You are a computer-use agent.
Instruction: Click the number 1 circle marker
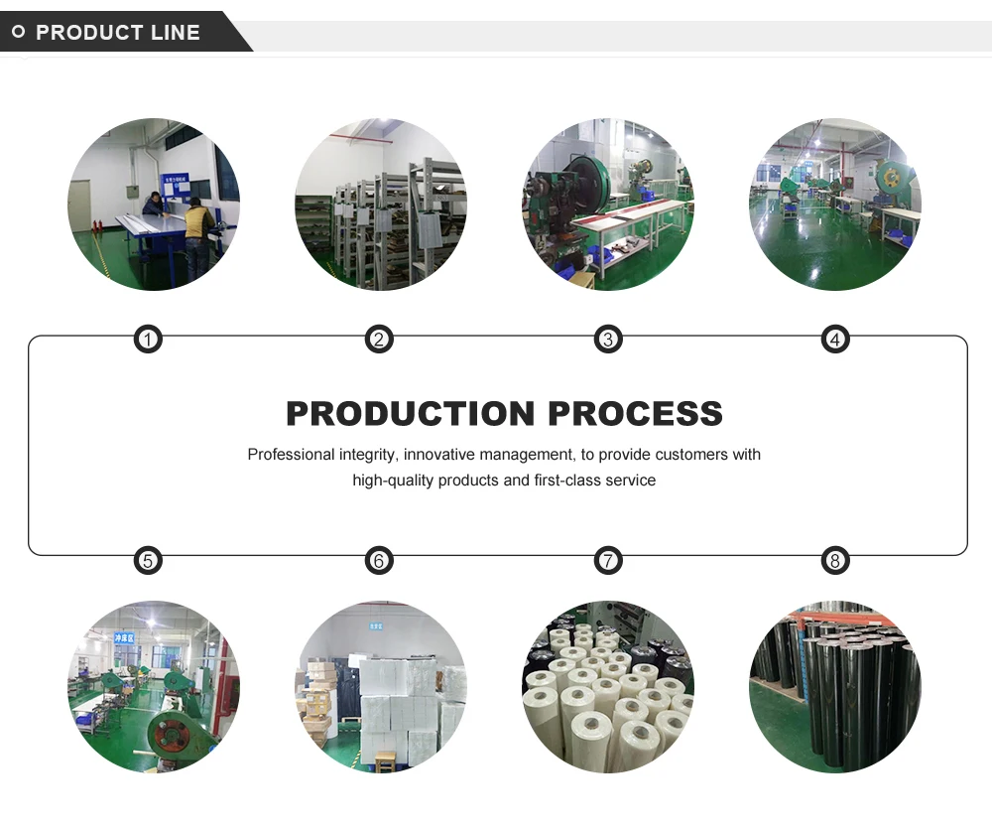[x=148, y=341]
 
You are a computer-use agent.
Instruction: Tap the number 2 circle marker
[x=378, y=341]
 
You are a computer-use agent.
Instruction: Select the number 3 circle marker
[x=608, y=341]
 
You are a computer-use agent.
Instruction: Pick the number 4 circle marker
[x=835, y=341]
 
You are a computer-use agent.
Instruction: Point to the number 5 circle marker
[x=148, y=561]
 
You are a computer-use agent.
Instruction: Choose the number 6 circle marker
[x=378, y=561]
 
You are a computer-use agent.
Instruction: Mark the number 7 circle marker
[x=608, y=561]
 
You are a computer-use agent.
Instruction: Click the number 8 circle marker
[x=835, y=561]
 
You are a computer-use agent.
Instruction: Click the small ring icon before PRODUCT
[x=18, y=33]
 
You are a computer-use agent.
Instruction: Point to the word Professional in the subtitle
[x=291, y=455]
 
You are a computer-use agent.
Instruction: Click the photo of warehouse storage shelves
[x=381, y=205]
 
